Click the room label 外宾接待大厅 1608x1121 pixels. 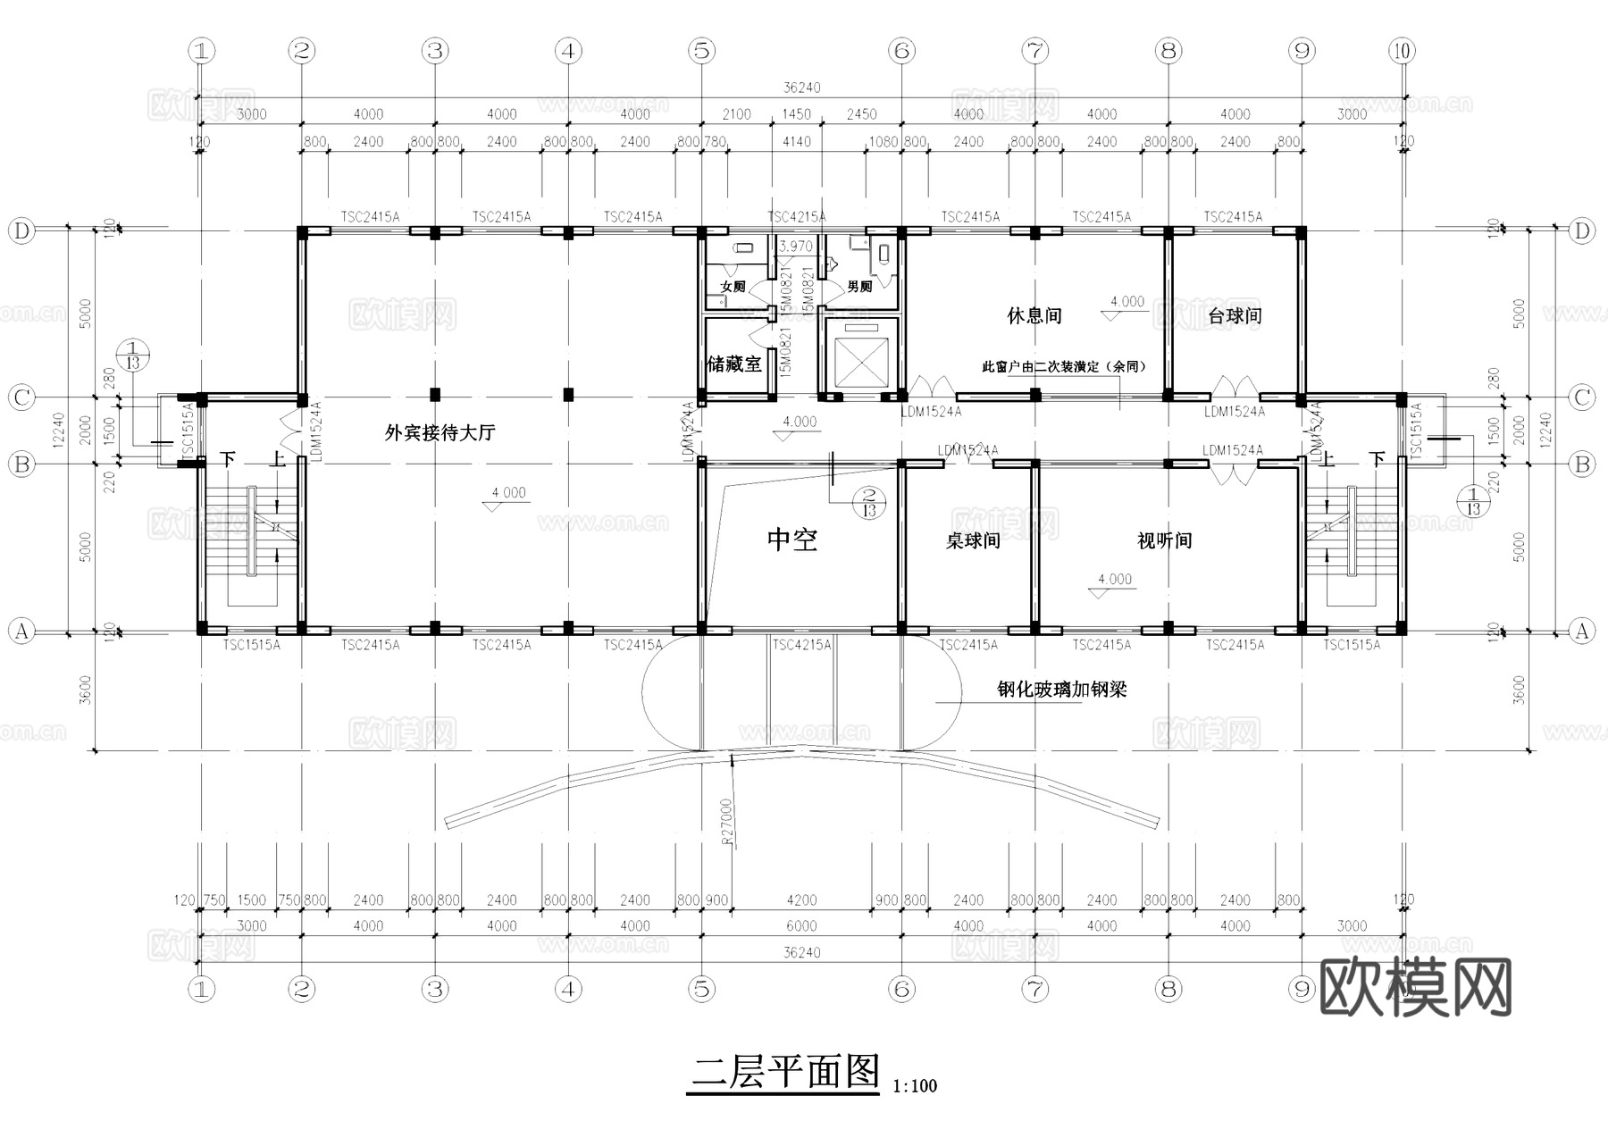coord(440,433)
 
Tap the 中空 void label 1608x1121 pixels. coord(792,540)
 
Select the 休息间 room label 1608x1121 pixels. coord(1034,316)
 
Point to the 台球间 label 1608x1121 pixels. coord(1235,316)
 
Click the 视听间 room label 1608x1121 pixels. coord(1164,540)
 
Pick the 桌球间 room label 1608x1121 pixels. coord(973,540)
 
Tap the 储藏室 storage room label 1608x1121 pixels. coord(734,364)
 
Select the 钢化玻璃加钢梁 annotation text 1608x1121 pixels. coord(1061,690)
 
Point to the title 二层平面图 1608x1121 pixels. coord(785,1072)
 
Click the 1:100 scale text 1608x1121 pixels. coord(915,1087)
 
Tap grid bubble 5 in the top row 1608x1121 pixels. coord(702,51)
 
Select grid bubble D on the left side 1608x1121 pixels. coord(21,231)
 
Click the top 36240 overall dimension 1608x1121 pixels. coord(801,88)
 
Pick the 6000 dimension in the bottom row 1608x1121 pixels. coord(801,926)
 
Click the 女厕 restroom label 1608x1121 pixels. coord(733,287)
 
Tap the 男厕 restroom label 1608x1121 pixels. coord(859,287)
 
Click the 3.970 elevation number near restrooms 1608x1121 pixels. coord(796,247)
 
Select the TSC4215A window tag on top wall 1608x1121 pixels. coord(797,217)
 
